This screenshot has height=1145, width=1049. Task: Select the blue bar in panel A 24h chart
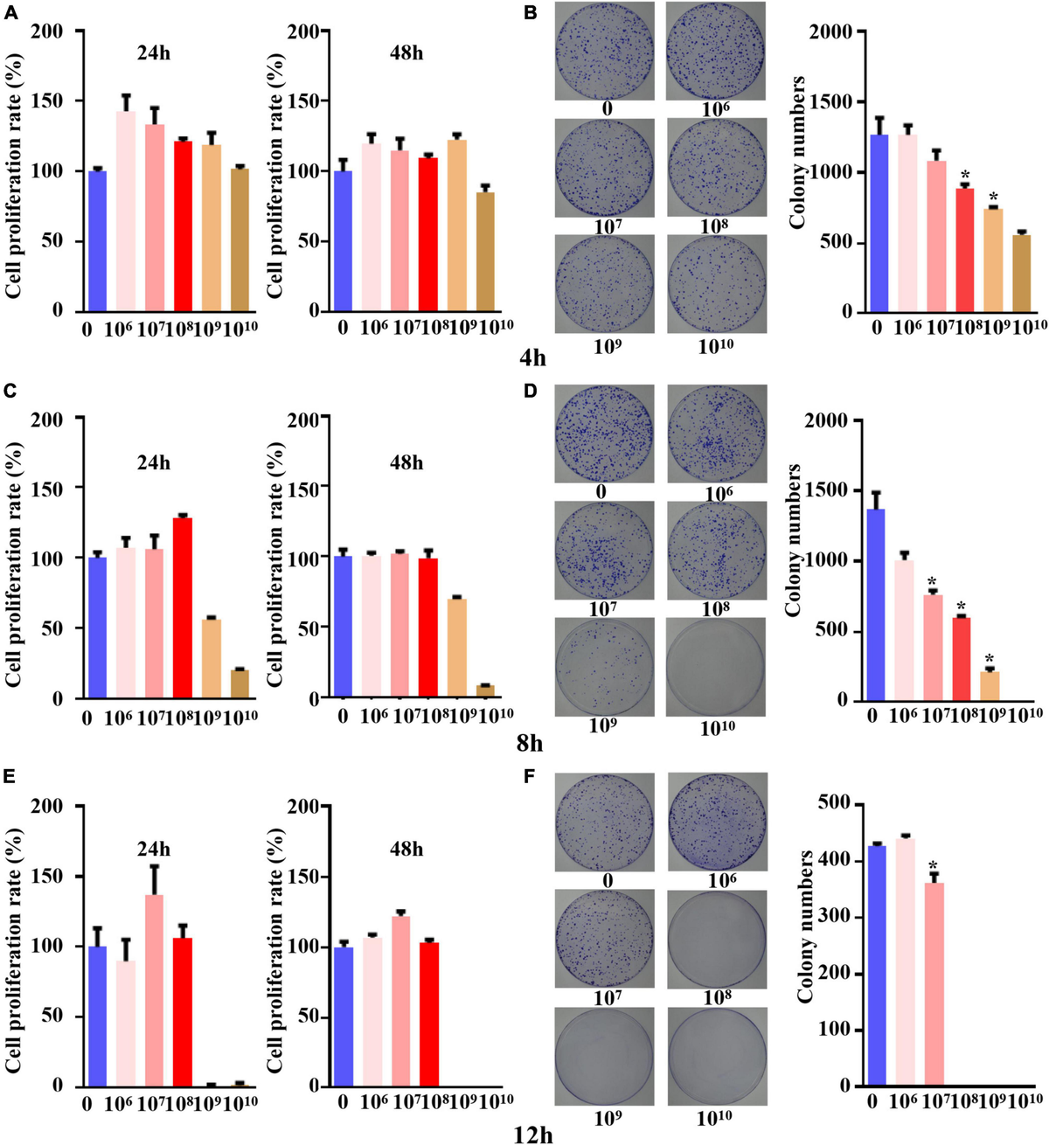point(98,240)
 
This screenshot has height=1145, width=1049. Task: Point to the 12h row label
point(532,1134)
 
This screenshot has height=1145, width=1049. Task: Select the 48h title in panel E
point(406,849)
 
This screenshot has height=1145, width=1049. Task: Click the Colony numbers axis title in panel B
point(796,153)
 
